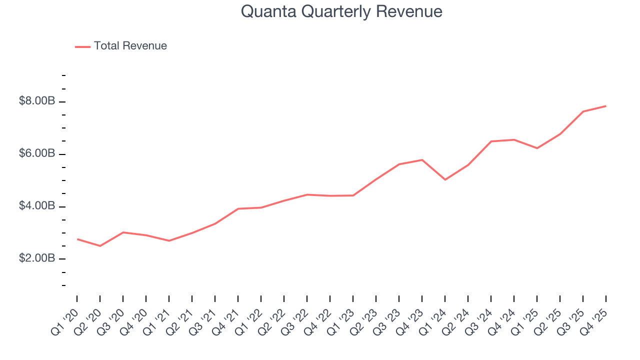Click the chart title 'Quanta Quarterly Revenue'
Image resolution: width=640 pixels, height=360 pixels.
[x=341, y=11]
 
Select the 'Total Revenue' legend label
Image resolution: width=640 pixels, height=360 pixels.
[x=130, y=46]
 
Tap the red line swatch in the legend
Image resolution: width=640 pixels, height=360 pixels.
[x=82, y=46]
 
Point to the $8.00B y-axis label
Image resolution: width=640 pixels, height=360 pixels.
[x=37, y=101]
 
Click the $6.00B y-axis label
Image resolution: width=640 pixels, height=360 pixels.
[x=37, y=154]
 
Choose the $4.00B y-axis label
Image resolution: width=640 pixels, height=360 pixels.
[x=37, y=206]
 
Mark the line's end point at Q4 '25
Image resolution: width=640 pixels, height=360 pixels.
[x=606, y=106]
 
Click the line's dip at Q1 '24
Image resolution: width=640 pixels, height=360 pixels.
[x=445, y=179]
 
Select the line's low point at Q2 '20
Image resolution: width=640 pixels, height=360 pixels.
[x=100, y=246]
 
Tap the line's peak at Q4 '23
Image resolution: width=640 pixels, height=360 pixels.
[x=422, y=160]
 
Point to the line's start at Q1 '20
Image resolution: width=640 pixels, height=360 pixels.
[x=77, y=239]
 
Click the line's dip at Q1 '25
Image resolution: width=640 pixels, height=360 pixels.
[x=537, y=148]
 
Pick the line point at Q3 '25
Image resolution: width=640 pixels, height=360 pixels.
[x=583, y=111]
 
